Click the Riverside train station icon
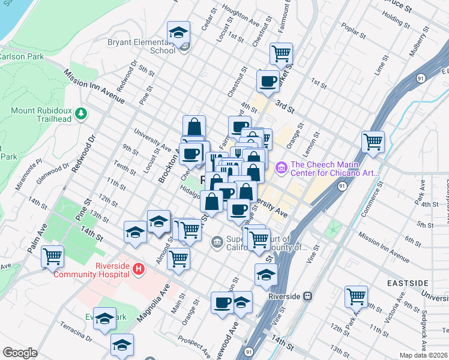tap(308, 296)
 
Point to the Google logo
tap(20, 353)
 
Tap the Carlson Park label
tap(17, 57)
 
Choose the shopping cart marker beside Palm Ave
tap(53, 256)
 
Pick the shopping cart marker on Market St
tap(281, 53)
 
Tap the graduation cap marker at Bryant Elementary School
tap(178, 32)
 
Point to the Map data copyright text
tap(423, 355)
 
